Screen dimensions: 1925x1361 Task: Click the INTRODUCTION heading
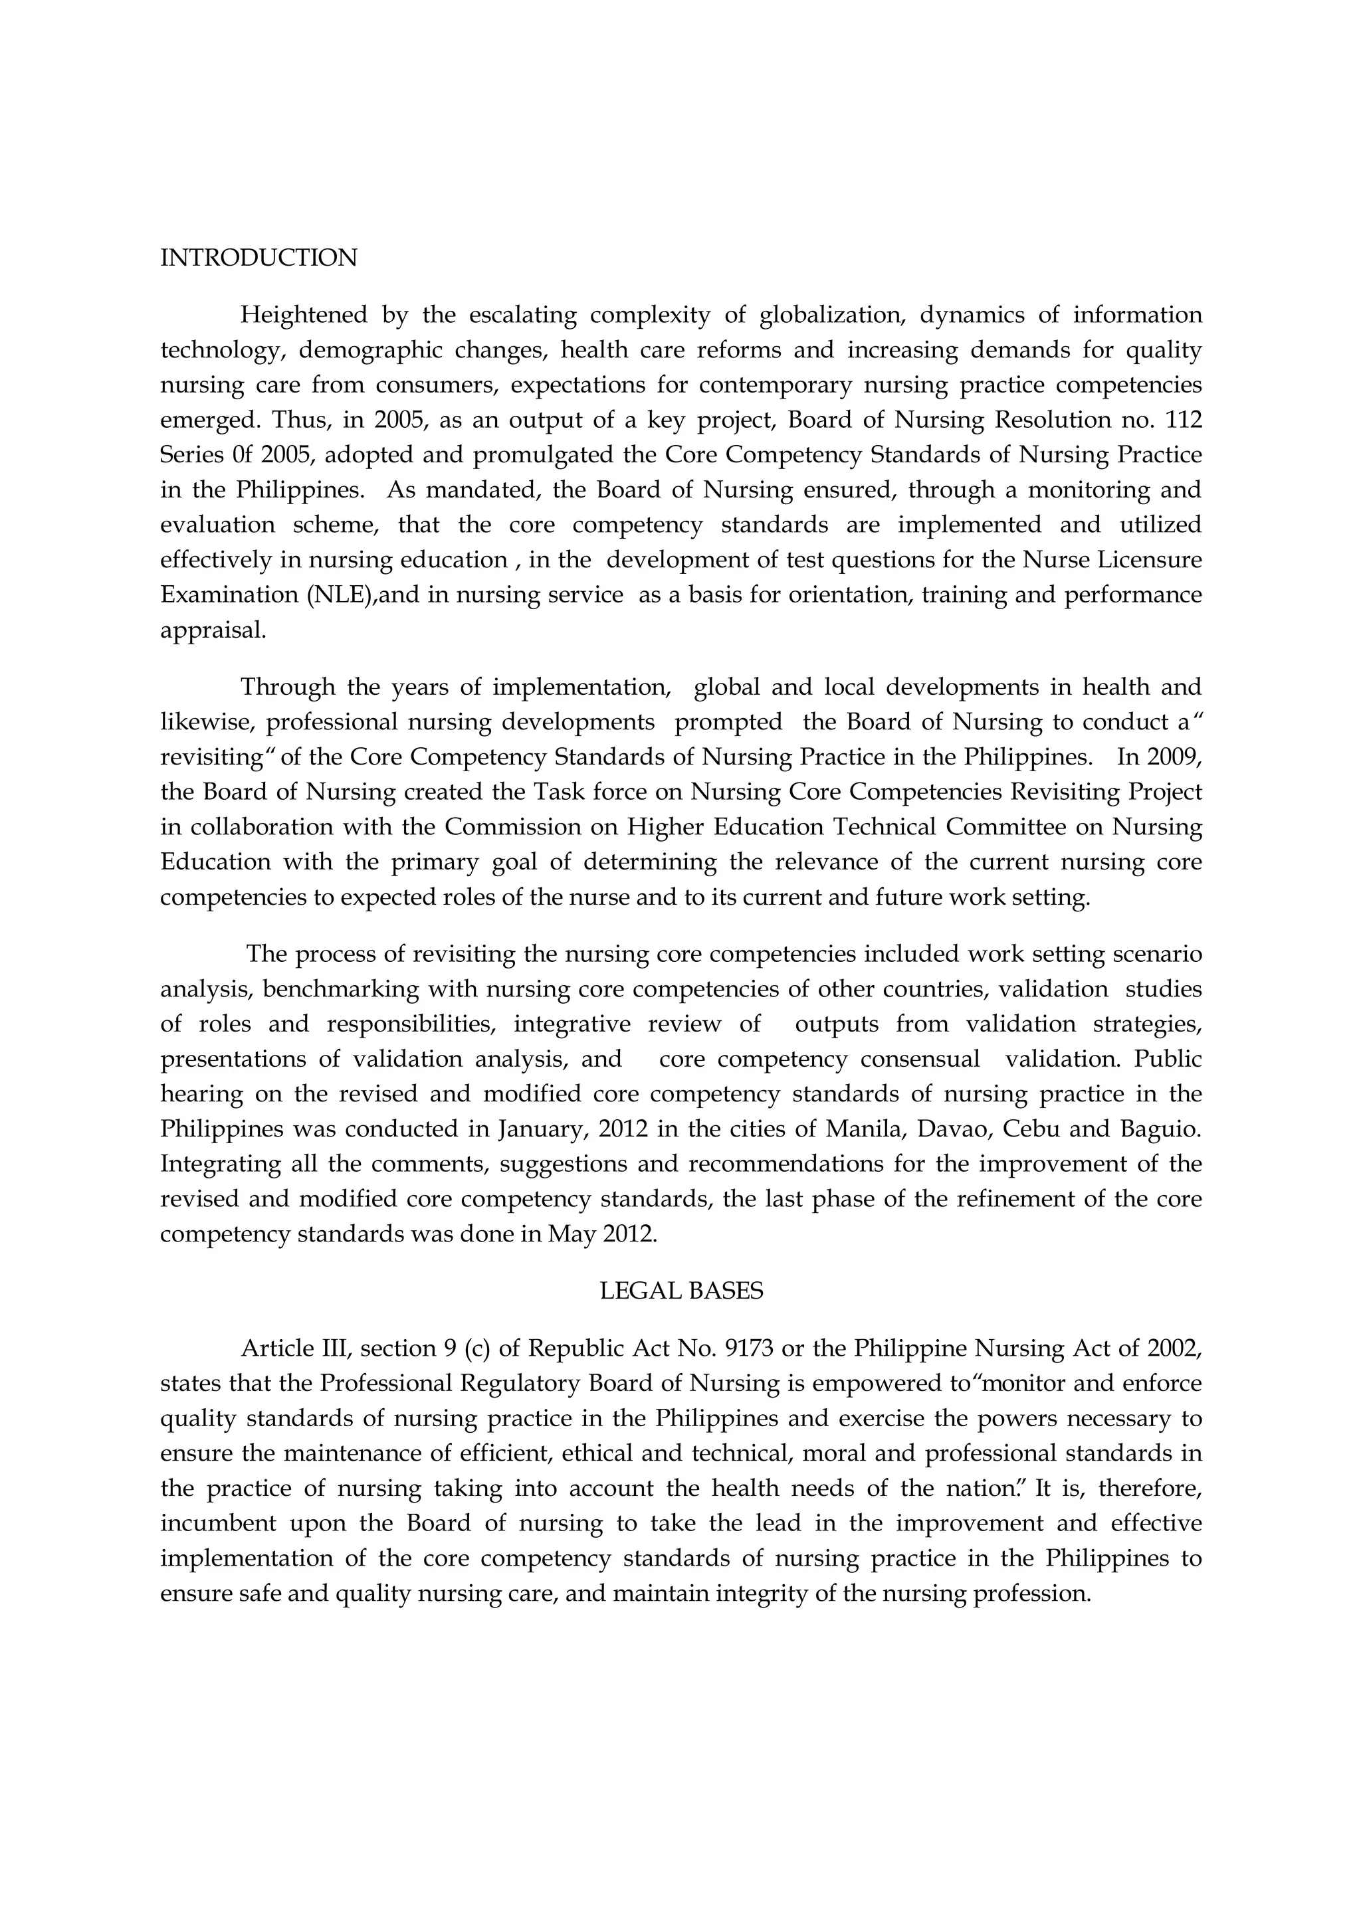click(x=259, y=258)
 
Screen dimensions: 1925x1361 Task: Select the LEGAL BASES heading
click(x=681, y=1291)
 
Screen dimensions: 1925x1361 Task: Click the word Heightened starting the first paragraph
click(x=304, y=316)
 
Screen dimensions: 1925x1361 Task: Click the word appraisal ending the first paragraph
click(x=213, y=631)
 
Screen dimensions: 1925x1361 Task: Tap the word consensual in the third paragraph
click(x=920, y=1059)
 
